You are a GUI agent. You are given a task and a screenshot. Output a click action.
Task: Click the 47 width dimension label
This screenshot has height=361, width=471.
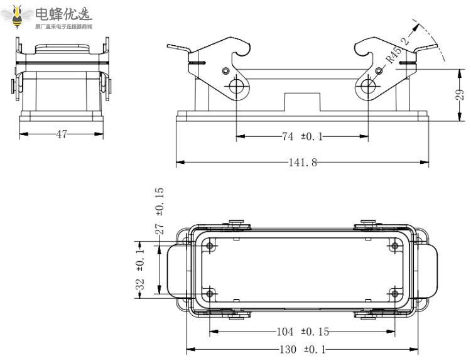(x=61, y=134)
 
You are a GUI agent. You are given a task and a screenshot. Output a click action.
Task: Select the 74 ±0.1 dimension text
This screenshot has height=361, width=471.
(x=302, y=136)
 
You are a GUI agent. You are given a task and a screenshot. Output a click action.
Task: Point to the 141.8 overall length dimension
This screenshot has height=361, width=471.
(x=303, y=163)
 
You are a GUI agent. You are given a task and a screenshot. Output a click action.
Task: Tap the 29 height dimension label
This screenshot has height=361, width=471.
(x=460, y=94)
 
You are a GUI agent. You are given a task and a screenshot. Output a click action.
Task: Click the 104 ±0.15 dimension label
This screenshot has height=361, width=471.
(x=302, y=331)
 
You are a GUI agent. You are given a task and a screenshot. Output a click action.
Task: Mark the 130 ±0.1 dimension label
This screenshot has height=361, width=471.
(x=302, y=349)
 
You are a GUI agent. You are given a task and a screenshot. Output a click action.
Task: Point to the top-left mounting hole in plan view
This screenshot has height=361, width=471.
(x=210, y=246)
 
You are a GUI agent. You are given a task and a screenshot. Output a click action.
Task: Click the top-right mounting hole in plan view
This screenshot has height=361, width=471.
(x=394, y=246)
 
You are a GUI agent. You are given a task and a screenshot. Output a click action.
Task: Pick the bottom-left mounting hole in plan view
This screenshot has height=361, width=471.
(x=210, y=293)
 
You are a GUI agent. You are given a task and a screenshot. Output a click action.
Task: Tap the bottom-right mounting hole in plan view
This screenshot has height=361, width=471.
(x=394, y=293)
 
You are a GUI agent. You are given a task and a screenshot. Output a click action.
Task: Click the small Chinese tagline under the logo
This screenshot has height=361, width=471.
(x=63, y=26)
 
